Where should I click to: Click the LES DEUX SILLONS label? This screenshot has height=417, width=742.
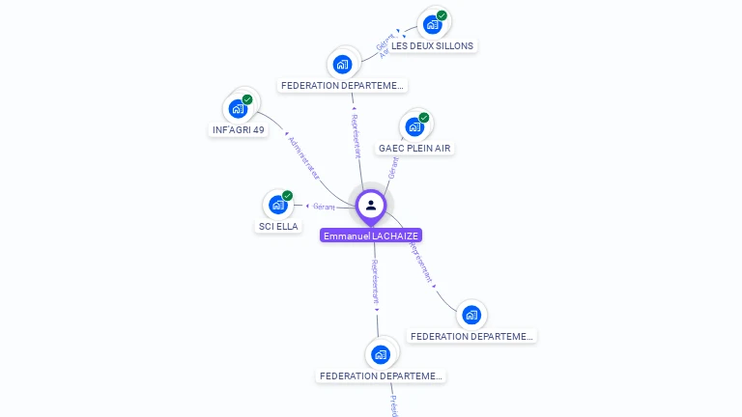pos(432,45)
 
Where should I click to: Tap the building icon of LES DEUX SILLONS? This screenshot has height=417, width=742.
pos(432,24)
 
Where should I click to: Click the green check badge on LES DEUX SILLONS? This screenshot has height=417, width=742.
pos(442,15)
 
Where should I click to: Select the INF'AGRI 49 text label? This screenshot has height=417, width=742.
pos(239,129)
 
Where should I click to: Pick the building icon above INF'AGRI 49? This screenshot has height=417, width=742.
pos(238,108)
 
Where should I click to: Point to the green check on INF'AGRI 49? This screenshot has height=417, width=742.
pos(247,99)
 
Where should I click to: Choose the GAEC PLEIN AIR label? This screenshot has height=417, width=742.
pos(414,148)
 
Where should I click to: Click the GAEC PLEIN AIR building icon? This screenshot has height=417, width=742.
pos(414,126)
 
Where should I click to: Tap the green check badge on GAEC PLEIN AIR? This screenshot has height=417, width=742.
pos(424,118)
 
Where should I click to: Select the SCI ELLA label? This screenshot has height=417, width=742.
pos(278,226)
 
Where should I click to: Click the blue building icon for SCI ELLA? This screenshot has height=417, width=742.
pos(277,205)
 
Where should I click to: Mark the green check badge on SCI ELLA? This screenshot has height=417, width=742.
pos(287,196)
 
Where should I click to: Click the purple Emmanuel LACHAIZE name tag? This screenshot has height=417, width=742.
pos(372,236)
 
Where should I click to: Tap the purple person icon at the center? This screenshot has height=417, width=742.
pos(371,205)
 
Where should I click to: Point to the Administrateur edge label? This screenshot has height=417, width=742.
pos(303,156)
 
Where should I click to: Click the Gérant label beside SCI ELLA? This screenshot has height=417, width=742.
pos(324,206)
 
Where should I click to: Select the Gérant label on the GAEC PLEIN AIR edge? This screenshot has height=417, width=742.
pos(392,168)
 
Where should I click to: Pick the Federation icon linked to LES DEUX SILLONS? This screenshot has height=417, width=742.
pos(341,64)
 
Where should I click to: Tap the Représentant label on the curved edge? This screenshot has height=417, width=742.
pos(420,261)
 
